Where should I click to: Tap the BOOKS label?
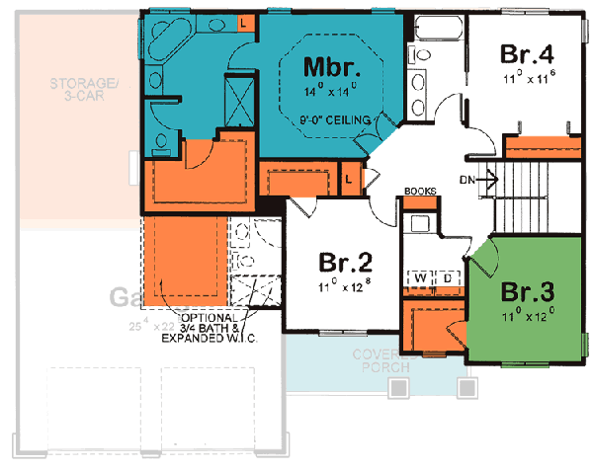[420, 192]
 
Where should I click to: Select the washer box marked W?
[420, 279]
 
